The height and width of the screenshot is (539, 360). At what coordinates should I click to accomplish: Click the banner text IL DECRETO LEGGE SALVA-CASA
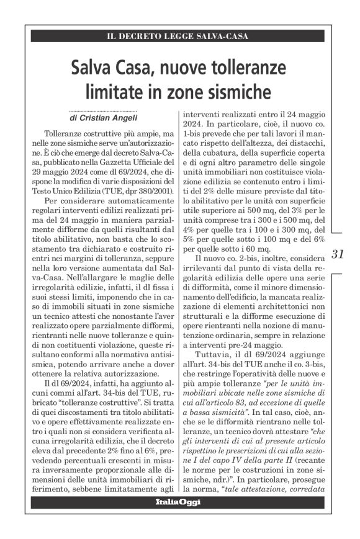coord(179,36)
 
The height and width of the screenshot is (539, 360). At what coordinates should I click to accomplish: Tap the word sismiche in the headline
coord(233,92)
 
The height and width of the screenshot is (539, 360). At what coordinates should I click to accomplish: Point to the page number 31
coord(339,254)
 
